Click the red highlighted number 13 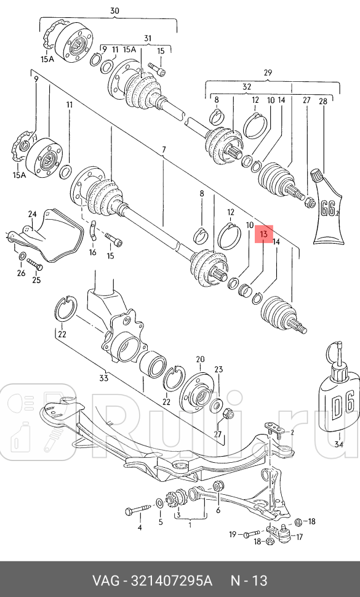(263, 234)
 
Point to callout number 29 (268, 73)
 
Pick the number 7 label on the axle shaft (164, 150)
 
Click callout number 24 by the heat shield (32, 214)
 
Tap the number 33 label (103, 378)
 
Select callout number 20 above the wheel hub (200, 359)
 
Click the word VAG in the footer (105, 581)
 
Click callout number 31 (147, 38)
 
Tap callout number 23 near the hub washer (218, 370)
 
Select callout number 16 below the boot (92, 252)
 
